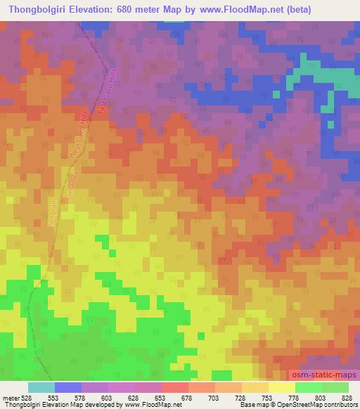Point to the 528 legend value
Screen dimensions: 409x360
27,397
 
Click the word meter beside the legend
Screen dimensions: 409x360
10,397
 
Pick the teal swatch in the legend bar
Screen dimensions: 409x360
41,387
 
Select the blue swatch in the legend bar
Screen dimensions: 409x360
67,387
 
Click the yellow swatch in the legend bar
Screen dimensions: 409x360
281,387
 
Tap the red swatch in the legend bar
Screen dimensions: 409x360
174,387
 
